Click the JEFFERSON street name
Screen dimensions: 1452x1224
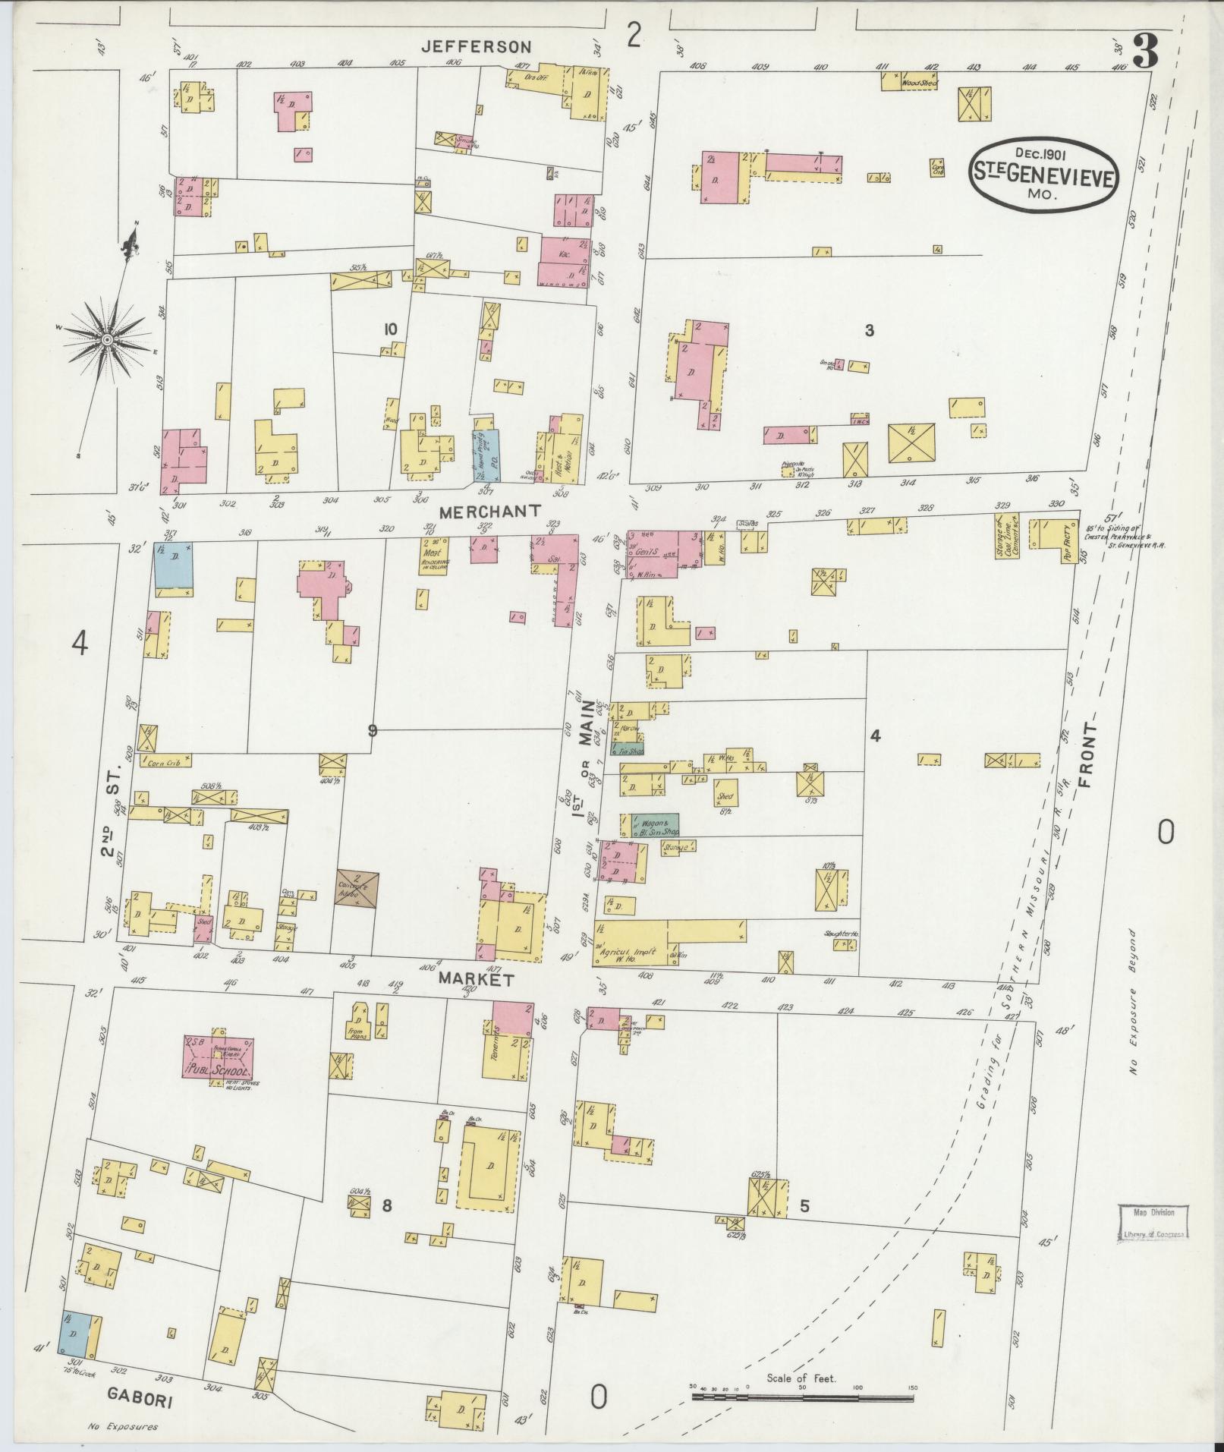[477, 47]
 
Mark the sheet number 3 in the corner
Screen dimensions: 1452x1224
[1144, 52]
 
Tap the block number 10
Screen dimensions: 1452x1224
[390, 329]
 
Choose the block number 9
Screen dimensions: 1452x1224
[372, 730]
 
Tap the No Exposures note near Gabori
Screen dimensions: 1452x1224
[122, 1427]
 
